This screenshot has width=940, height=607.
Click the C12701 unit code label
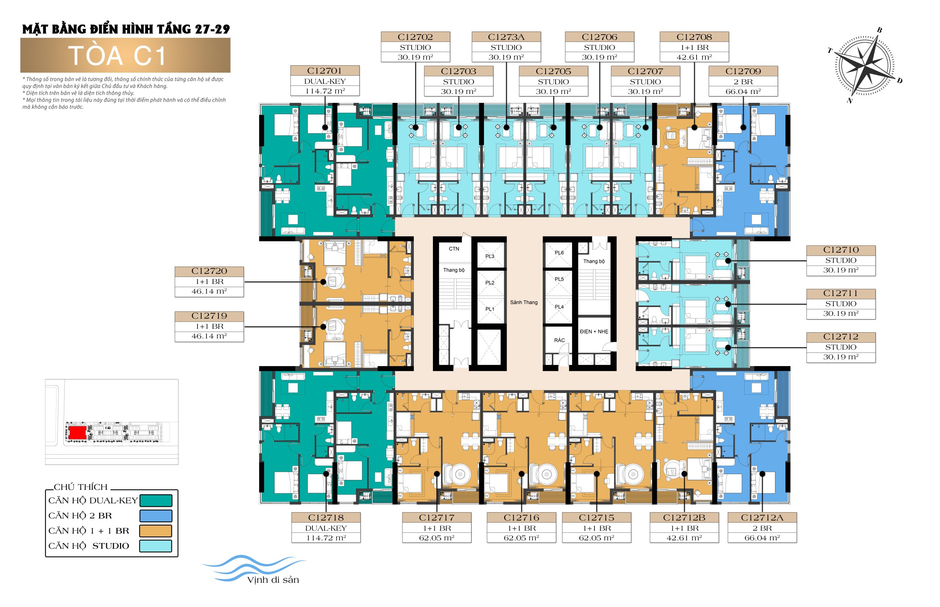(325, 71)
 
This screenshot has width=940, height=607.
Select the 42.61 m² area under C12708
(694, 57)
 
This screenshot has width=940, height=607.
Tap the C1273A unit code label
(506, 37)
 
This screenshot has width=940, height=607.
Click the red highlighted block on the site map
(77, 432)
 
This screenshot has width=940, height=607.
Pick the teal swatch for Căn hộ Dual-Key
(156, 501)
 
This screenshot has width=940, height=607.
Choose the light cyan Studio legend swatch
(156, 546)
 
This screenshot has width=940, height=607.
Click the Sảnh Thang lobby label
(524, 302)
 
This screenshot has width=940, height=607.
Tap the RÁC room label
(559, 340)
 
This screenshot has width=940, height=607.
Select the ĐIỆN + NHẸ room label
(594, 332)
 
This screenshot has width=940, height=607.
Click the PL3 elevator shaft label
(489, 256)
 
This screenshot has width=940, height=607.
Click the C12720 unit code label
(209, 271)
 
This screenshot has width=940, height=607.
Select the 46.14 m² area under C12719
(209, 336)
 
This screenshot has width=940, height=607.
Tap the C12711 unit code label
(841, 293)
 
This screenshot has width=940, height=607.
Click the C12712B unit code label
(684, 517)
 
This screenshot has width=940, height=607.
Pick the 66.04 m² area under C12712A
(762, 538)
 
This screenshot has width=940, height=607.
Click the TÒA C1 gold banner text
(117, 55)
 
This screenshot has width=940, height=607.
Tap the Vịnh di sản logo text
(273, 580)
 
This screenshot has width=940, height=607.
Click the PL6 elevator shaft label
(559, 253)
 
